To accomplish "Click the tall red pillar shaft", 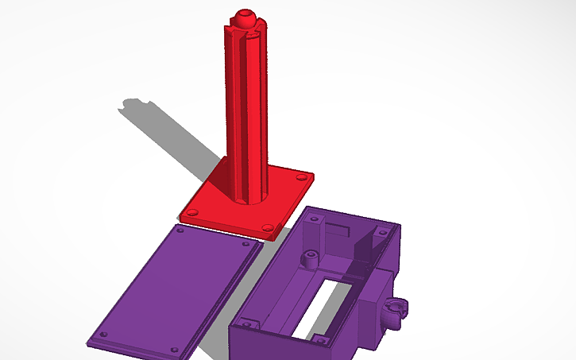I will coord(248,111).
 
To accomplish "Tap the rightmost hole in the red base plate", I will coord(301,178).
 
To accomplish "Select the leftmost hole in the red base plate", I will coord(191,212).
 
